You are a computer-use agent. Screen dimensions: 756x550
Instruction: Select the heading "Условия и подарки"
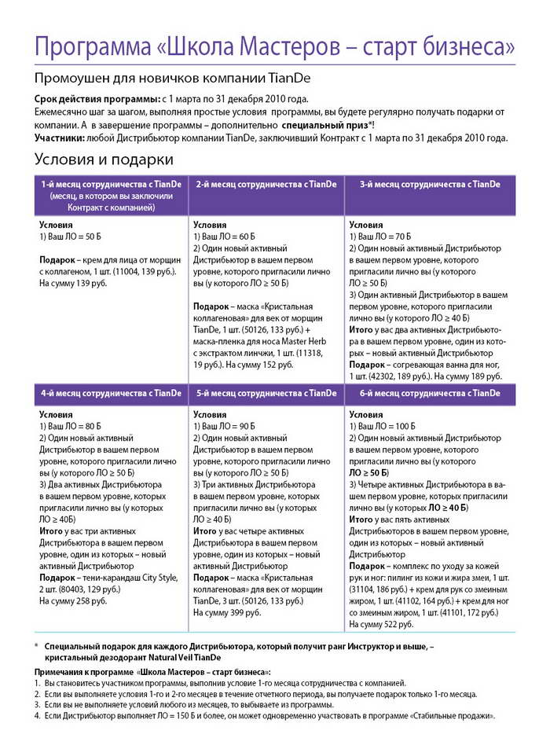104,160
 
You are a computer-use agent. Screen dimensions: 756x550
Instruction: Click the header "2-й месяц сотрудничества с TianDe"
266,184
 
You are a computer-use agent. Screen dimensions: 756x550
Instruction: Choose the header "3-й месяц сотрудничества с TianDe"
429,184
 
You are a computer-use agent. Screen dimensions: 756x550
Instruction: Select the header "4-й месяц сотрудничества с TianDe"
111,393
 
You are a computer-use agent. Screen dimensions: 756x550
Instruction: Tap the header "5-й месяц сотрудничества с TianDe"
266,393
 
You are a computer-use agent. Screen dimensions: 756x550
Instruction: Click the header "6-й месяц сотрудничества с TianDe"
429,393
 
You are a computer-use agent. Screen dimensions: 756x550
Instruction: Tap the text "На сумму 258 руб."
73,600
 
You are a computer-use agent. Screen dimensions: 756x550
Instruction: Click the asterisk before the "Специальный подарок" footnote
36,646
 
